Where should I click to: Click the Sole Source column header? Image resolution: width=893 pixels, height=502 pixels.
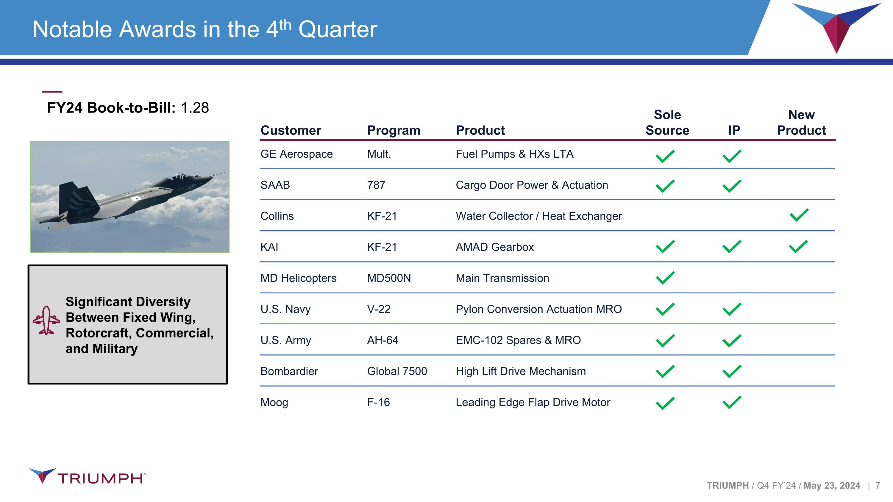667,122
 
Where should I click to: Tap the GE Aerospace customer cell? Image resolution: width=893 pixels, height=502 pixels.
296,154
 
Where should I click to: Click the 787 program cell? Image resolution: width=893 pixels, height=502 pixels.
376,185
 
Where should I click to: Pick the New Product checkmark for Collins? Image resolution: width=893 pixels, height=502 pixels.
799,215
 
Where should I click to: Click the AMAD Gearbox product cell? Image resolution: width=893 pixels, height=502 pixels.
495,247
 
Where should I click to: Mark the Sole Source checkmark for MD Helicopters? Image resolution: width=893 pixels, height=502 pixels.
665,278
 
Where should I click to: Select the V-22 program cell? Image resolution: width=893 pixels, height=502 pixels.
379,309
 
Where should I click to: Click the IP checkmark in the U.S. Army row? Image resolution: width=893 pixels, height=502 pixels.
732,340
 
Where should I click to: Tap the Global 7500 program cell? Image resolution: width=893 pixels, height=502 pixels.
397,371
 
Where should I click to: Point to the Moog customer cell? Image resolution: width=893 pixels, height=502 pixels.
274,403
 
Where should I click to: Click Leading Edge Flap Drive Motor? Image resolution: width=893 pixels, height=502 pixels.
533,403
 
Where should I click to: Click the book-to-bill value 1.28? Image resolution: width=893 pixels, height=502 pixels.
195,108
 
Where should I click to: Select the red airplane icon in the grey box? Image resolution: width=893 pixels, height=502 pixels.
46,320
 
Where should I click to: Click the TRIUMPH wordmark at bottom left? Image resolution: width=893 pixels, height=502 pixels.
101,478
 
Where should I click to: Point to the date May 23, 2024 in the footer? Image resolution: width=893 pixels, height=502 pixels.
832,486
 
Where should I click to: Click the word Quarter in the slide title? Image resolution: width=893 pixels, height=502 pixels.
338,29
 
